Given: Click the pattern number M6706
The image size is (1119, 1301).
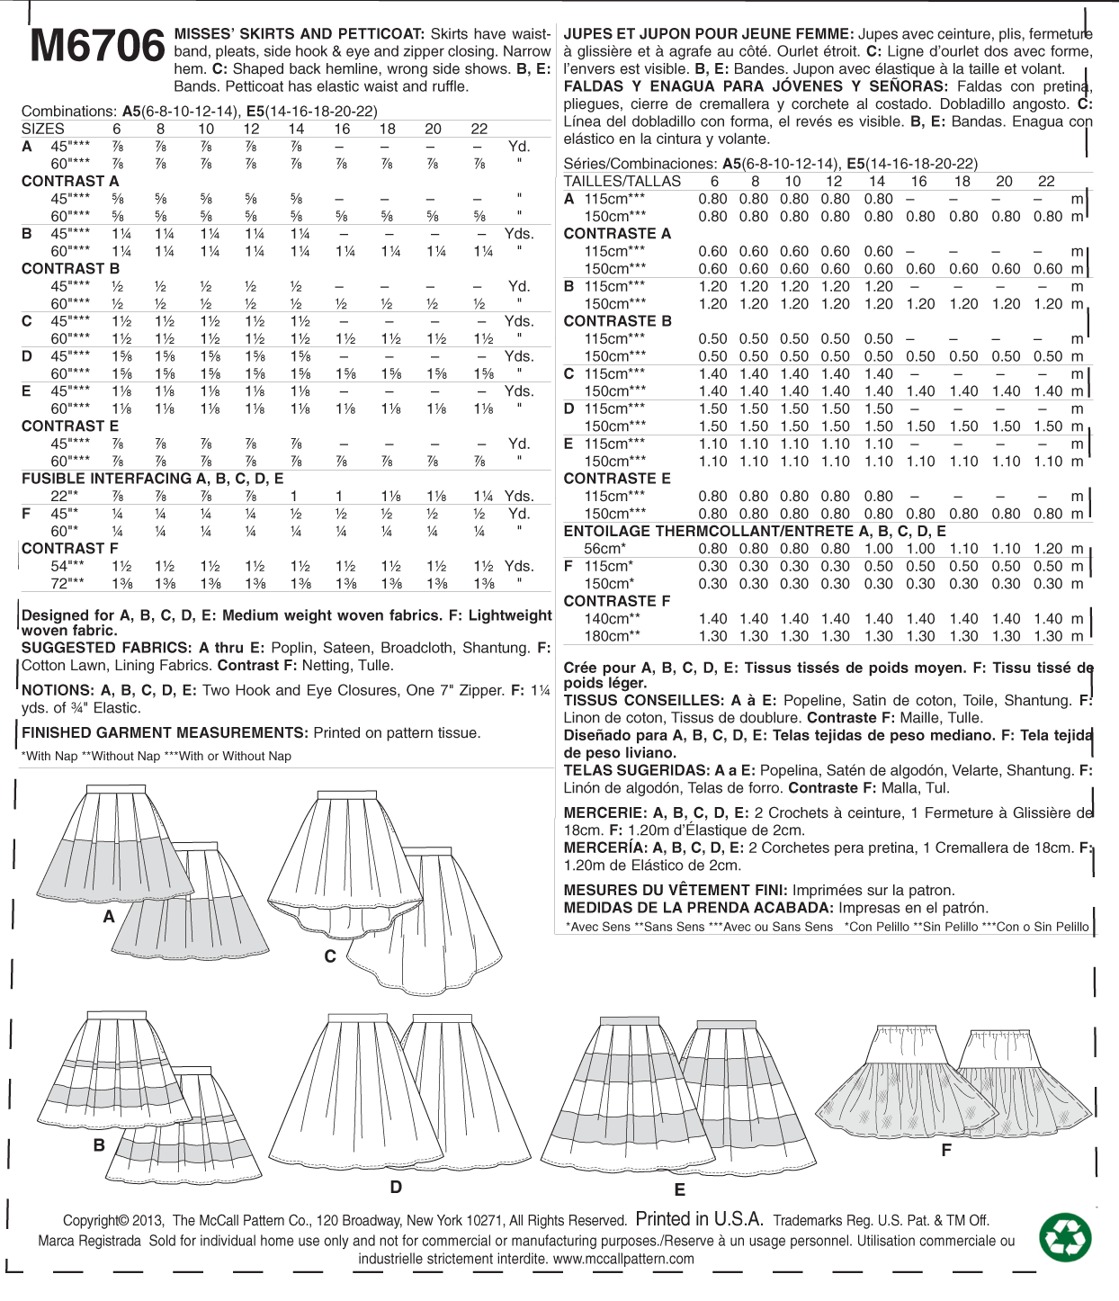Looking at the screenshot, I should pyautogui.click(x=96, y=46).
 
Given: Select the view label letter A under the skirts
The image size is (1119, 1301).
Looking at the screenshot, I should pyautogui.click(x=109, y=917).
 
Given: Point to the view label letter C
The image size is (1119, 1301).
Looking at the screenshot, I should pyautogui.click(x=330, y=956).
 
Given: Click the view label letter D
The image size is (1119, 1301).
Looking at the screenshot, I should pyautogui.click(x=396, y=1188).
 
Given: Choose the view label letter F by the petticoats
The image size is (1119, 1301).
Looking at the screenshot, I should pyautogui.click(x=946, y=1150).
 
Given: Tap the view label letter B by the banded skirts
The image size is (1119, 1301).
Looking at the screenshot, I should pyautogui.click(x=99, y=1145).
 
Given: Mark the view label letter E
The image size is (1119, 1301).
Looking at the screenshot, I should pyautogui.click(x=680, y=1190).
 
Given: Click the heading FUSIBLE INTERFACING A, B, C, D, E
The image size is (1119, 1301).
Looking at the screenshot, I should pyautogui.click(x=152, y=479).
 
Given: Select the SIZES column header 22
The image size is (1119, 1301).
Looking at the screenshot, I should pyautogui.click(x=479, y=129).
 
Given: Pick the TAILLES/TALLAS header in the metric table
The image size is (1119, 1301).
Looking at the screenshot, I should pyautogui.click(x=622, y=181).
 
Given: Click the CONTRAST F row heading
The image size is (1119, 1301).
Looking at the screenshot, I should pyautogui.click(x=69, y=548).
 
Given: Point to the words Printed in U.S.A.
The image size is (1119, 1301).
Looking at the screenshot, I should pyautogui.click(x=699, y=1219).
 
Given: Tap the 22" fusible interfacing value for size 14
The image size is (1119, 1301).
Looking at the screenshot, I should pyautogui.click(x=294, y=496).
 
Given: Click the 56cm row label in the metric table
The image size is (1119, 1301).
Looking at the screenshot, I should pyautogui.click(x=604, y=548).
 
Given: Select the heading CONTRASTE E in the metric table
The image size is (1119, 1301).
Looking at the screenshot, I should pyautogui.click(x=617, y=479).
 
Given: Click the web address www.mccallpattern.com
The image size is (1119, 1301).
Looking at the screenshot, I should pyautogui.click(x=623, y=1259).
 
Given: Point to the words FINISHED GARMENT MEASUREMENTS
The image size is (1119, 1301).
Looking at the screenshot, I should pyautogui.click(x=165, y=732).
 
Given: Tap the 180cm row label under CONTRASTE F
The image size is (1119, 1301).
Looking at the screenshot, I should pyautogui.click(x=612, y=636).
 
